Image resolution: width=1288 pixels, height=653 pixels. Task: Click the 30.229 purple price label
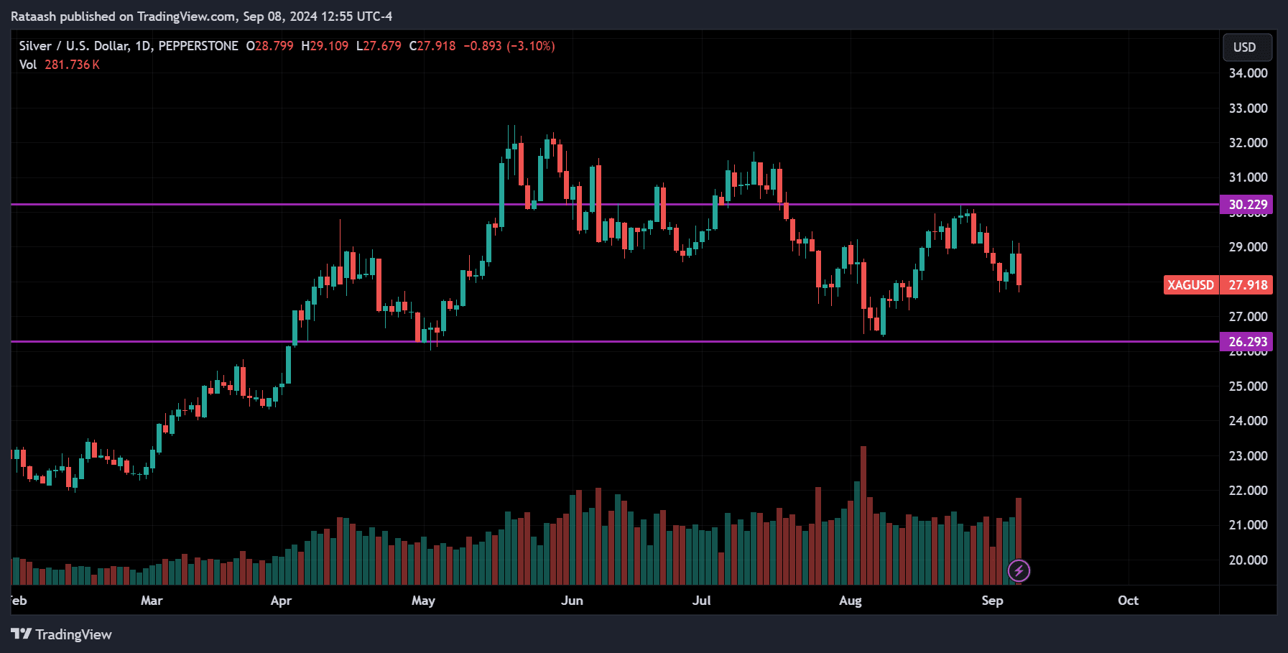[1246, 205]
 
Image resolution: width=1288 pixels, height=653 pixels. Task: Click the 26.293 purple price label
[1246, 342]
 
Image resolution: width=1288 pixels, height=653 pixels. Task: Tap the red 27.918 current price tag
[1248, 285]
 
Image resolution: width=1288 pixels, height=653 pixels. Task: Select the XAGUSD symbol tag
[1190, 285]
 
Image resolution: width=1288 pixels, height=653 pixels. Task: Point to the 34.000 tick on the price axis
[1248, 73]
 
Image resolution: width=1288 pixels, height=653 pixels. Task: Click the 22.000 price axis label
[1248, 491]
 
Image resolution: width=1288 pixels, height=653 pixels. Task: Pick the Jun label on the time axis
[572, 601]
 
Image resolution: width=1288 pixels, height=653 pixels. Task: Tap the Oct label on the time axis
[1128, 601]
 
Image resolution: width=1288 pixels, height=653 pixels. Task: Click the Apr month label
[281, 601]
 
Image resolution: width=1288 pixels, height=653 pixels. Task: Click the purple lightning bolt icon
[1019, 571]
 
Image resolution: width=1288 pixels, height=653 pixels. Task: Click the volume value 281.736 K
[72, 65]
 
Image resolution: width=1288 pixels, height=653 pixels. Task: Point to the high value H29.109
[325, 46]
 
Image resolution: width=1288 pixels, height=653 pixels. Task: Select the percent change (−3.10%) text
[531, 46]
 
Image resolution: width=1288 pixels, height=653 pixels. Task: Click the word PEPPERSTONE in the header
[198, 46]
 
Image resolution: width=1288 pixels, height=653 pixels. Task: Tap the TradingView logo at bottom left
[62, 634]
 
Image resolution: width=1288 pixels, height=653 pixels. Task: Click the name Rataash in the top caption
[33, 16]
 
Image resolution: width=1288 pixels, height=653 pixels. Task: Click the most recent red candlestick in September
[1019, 269]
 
